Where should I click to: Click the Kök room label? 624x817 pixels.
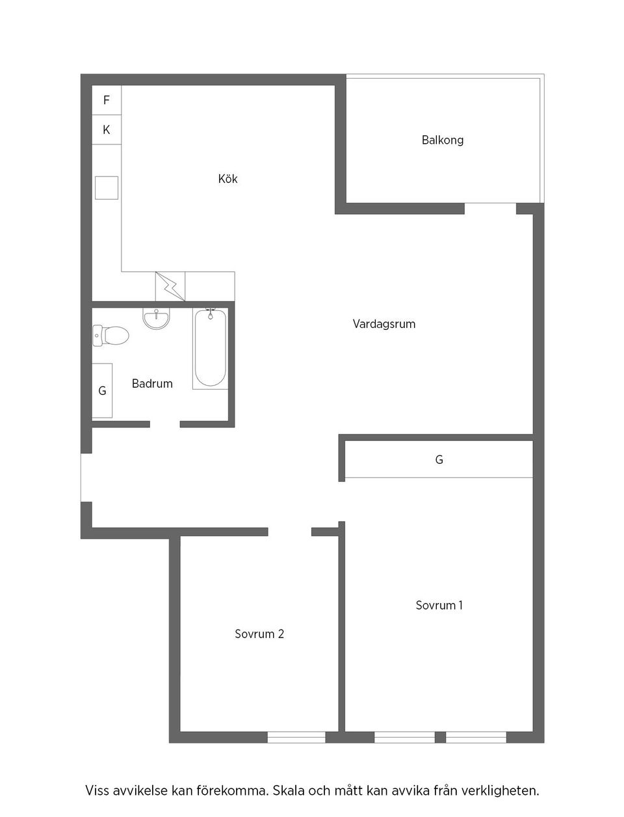point(227,179)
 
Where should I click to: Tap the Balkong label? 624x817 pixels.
point(442,141)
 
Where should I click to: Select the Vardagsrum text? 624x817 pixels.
point(383,324)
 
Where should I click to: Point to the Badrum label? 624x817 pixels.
point(152,383)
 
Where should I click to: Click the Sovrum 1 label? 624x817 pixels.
point(439,605)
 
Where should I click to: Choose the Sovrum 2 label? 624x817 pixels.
point(259,634)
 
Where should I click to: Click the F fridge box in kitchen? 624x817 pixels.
point(107,100)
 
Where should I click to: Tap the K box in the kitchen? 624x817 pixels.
point(107,129)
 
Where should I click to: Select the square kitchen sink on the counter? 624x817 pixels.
point(107,188)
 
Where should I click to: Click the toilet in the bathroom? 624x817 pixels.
point(110,336)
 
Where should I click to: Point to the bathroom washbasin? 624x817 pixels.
point(156,319)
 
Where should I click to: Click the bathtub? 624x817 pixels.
point(210,349)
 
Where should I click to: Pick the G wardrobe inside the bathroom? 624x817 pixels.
point(102,390)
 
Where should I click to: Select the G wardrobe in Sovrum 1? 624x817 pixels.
point(439,459)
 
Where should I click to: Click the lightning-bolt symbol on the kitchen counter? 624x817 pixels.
point(170,286)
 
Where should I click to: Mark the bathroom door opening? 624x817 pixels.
point(164,424)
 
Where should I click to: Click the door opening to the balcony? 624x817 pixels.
point(490,208)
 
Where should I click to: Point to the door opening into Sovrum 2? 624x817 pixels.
point(290,531)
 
